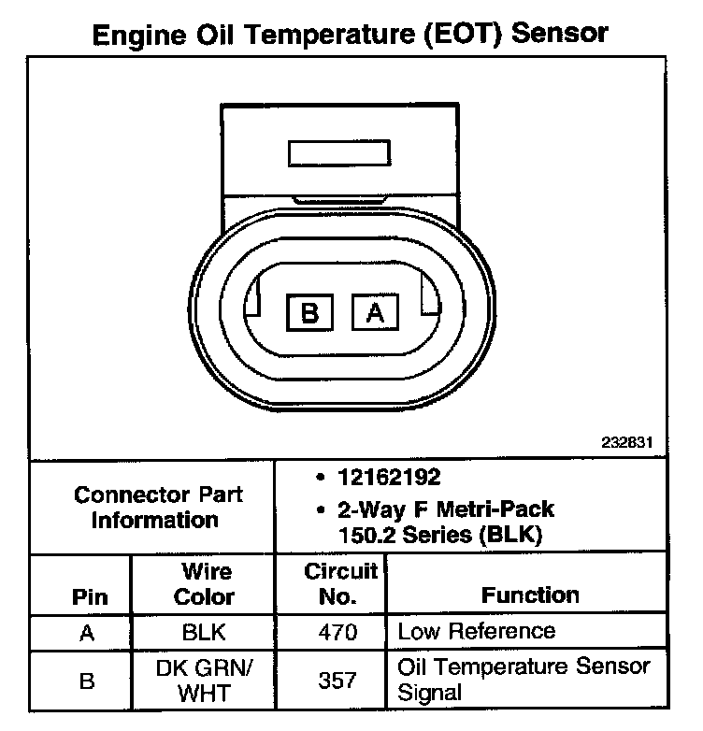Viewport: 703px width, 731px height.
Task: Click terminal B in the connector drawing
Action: (x=310, y=311)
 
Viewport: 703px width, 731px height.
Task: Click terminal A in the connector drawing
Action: (x=375, y=311)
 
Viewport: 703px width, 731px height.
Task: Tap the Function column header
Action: (x=530, y=595)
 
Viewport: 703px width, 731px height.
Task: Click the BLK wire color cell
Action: (x=204, y=632)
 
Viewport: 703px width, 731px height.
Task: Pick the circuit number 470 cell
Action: (x=337, y=632)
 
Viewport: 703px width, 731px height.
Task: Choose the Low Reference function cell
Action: (x=476, y=632)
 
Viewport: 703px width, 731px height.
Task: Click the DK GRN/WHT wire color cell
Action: (x=204, y=681)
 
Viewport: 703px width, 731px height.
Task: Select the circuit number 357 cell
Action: (x=337, y=681)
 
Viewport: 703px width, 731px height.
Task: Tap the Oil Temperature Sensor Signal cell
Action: (x=524, y=681)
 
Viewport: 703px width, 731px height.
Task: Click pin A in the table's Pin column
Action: (x=87, y=632)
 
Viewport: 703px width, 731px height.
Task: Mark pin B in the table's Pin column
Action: (x=87, y=681)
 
